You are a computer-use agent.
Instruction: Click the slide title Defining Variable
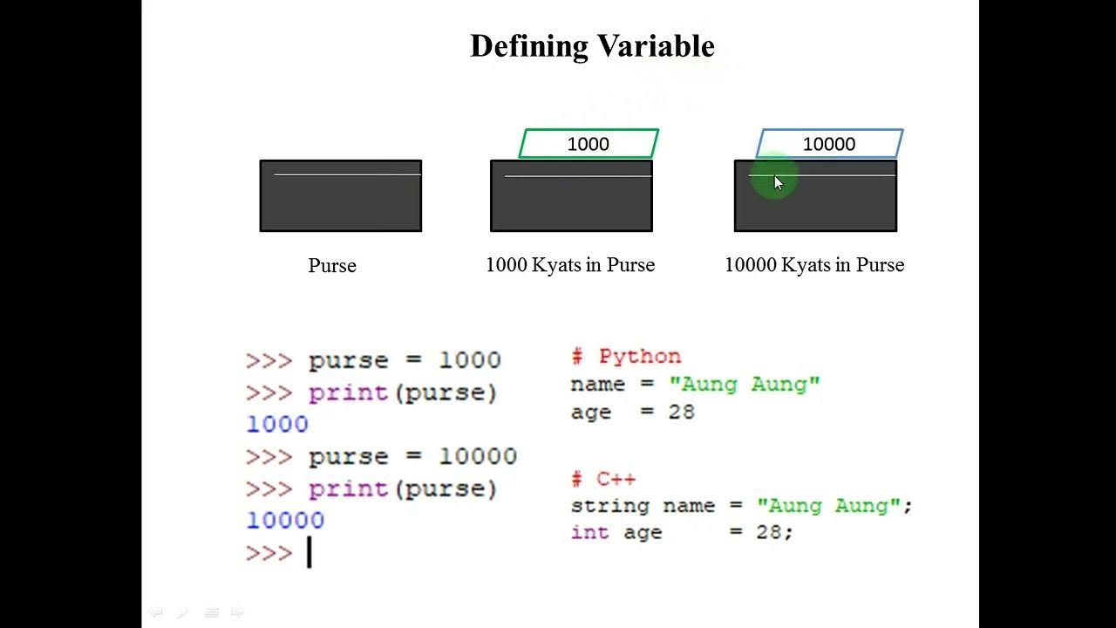pos(592,46)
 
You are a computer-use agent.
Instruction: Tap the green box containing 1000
pos(589,144)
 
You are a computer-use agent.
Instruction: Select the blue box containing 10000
pos(829,144)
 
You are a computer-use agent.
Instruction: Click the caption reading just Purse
pos(332,266)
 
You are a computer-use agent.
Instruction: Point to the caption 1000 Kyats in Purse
pos(570,265)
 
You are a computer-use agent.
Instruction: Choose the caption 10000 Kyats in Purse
pos(814,265)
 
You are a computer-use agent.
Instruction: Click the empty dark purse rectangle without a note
pos(341,196)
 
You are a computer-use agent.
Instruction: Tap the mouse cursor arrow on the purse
pos(778,182)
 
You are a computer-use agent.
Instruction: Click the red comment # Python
pos(626,357)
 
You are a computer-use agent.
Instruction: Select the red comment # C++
pos(603,479)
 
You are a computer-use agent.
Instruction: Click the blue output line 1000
pos(277,425)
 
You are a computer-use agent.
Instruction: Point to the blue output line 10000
pos(285,521)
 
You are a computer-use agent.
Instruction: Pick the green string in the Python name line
pos(745,385)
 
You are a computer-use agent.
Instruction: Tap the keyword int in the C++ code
pos(589,532)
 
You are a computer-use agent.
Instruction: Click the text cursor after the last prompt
pos(309,553)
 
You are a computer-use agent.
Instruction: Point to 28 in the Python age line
pos(681,412)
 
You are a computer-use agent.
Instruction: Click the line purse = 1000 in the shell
pos(405,361)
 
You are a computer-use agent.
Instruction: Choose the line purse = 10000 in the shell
pos(412,457)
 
